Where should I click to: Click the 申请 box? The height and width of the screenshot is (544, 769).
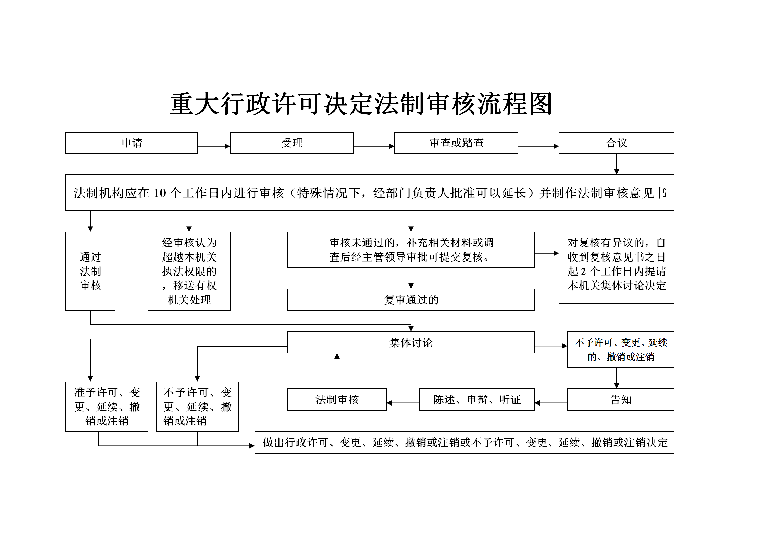point(132,143)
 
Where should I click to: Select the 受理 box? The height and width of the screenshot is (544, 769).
point(292,143)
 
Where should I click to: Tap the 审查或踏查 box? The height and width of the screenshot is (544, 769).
point(456,143)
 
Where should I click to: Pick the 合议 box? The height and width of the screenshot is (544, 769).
point(617,143)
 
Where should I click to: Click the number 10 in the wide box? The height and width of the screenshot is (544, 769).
point(160,193)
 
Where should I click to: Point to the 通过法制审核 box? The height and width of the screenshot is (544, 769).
point(90,271)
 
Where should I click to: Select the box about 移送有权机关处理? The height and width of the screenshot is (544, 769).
point(189,271)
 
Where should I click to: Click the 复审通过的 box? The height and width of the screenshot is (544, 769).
point(411,300)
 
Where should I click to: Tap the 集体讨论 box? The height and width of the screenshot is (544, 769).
point(411,342)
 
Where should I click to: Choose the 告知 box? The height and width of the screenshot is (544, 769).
point(621,399)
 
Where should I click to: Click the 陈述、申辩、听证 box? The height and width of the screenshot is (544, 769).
point(477,399)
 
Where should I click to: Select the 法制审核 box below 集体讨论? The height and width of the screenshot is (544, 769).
point(337,399)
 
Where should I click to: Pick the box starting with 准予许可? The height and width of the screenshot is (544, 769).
point(107,407)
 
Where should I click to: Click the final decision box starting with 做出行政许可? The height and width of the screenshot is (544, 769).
point(464,442)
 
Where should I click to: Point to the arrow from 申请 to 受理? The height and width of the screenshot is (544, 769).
point(214,146)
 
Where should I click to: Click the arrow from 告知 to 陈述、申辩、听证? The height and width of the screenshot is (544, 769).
point(551,403)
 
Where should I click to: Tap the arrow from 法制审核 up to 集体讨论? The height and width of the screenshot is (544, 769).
point(337,371)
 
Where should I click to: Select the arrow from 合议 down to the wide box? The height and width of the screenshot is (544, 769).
point(617,164)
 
